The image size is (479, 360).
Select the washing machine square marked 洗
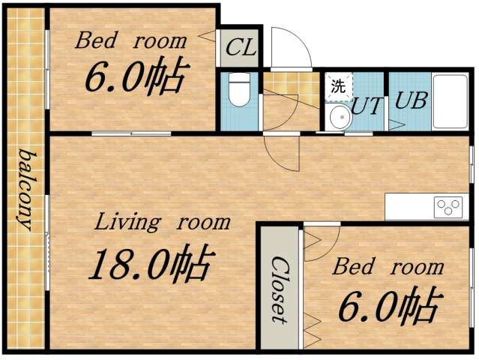coord(338,85)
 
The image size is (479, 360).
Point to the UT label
coord(367,106)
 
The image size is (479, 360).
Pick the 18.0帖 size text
coord(151,264)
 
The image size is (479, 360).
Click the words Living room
coord(162,223)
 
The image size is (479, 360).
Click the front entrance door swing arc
coord(289,47)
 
